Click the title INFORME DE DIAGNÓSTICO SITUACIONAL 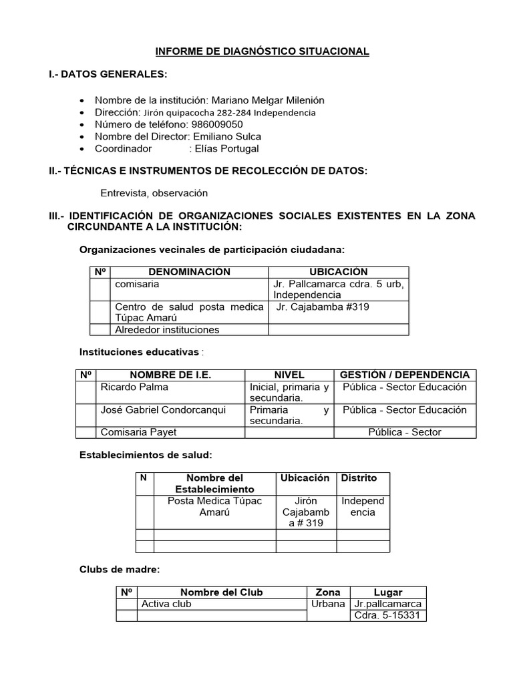point(262,51)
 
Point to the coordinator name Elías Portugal point(224,148)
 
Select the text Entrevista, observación point(154,193)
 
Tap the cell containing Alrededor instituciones point(167,329)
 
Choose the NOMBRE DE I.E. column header point(170,375)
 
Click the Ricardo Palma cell point(135,387)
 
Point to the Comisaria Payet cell point(138,432)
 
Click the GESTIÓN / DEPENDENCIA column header point(405,375)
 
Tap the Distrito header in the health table point(359,478)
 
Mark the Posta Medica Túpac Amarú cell point(214,506)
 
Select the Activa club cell point(166,604)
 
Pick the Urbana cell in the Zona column point(328,604)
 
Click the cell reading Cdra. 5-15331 point(387,615)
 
